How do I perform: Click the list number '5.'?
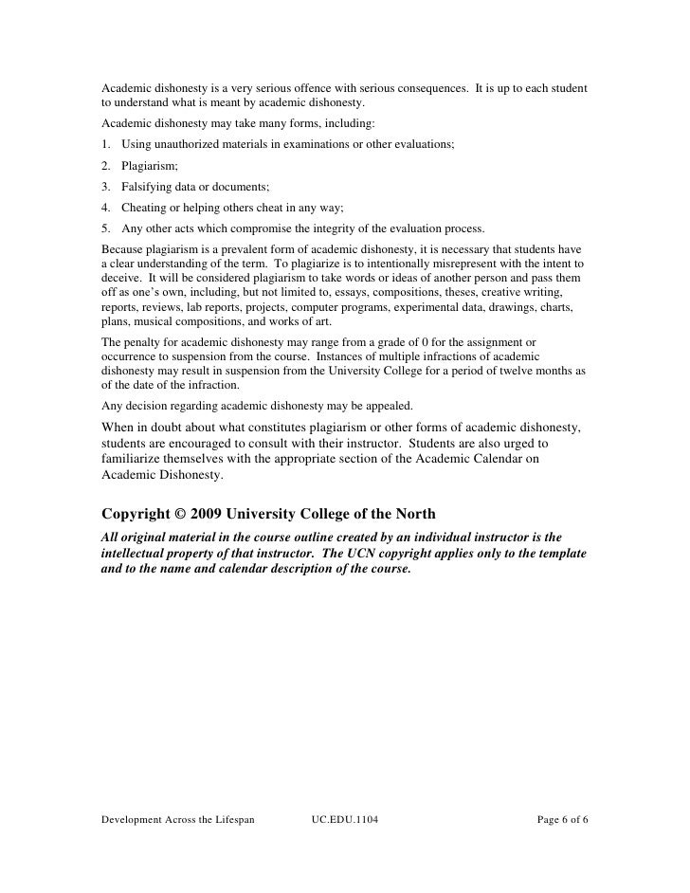[x=105, y=228]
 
